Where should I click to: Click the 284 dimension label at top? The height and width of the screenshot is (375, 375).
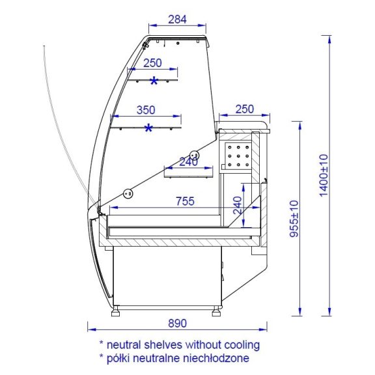[177, 20]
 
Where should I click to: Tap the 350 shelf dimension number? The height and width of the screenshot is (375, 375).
[146, 110]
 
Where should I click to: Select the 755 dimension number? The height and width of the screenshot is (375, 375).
[185, 201]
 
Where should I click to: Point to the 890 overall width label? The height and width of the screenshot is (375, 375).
[177, 324]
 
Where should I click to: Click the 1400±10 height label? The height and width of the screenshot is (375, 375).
[324, 176]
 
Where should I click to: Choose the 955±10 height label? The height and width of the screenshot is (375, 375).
[294, 219]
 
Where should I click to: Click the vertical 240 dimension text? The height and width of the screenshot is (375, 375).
[238, 206]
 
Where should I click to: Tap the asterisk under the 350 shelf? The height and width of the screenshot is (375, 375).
[148, 128]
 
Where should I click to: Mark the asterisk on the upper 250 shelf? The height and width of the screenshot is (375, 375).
[154, 81]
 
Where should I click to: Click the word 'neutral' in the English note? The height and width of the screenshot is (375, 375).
[124, 345]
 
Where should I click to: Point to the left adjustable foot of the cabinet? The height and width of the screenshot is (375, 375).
[115, 311]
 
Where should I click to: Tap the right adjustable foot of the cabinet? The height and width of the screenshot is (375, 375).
[216, 311]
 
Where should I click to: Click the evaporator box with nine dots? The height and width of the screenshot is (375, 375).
[238, 156]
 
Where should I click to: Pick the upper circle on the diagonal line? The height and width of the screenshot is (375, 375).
[195, 155]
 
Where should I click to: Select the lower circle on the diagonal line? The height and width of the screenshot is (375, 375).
[128, 193]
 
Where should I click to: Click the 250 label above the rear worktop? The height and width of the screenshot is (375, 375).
[244, 109]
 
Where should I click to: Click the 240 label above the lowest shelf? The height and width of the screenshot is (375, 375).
[189, 162]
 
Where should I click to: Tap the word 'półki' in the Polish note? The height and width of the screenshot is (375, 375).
[115, 359]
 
